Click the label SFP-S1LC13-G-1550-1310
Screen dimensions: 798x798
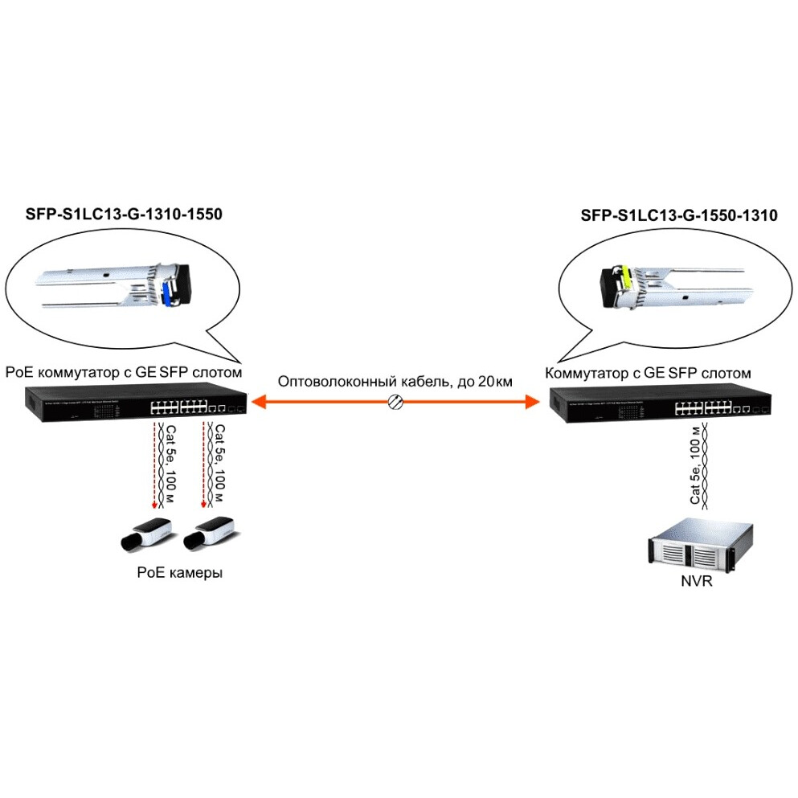tap(678, 215)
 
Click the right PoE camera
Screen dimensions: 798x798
tap(209, 532)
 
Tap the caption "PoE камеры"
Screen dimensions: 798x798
tap(178, 573)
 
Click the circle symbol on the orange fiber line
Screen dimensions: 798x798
tap(395, 402)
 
